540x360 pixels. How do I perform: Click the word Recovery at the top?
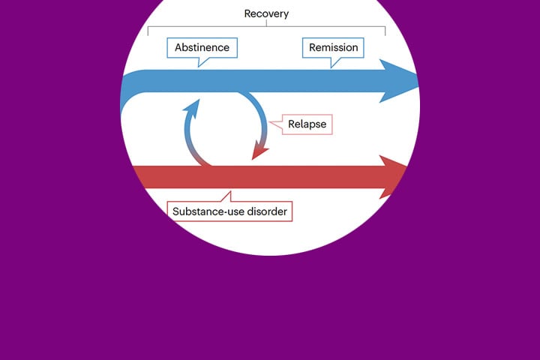pos(266,13)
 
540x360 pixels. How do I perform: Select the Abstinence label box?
pos(202,48)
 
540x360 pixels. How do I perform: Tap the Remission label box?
pos(334,48)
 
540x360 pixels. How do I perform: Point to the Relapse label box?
pos(307,124)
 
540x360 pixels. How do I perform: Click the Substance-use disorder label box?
pos(229,211)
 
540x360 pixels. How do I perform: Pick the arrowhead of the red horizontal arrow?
pos(394,177)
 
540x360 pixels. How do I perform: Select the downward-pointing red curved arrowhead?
pos(259,151)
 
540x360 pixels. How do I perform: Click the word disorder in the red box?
pos(266,211)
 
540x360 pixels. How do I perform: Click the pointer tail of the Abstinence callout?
pos(201,63)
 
